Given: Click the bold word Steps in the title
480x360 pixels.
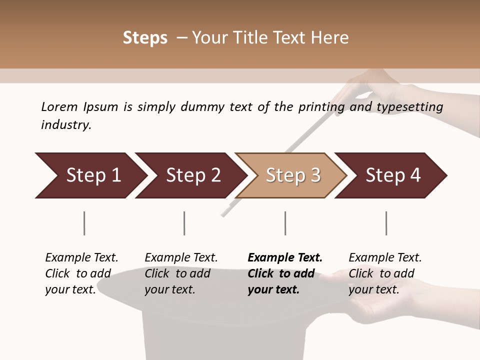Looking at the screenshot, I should (x=145, y=38).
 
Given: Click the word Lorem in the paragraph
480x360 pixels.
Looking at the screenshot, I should (x=59, y=106).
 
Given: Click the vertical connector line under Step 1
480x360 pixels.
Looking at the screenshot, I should (x=84, y=223).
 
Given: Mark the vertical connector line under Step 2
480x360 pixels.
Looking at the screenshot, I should (x=184, y=223).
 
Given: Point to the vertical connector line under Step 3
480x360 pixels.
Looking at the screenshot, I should (x=285, y=223).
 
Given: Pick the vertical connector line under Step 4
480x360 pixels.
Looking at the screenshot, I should (x=386, y=223).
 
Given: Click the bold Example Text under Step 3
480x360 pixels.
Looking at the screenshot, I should (x=285, y=257).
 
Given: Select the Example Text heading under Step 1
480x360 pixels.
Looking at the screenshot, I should (x=81, y=257).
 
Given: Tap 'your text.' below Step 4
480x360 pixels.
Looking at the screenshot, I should (x=373, y=289).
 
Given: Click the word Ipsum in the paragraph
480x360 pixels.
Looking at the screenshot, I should (x=100, y=107).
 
